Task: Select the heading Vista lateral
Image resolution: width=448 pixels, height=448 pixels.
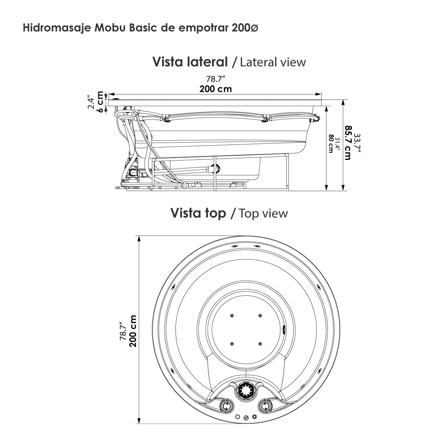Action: tap(190, 62)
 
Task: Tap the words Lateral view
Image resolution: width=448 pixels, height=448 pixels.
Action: tap(273, 62)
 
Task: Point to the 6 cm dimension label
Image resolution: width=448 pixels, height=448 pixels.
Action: tap(100, 101)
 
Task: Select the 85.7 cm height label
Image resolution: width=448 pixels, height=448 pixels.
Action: tap(348, 142)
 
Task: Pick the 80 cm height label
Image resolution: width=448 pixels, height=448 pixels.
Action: tap(330, 143)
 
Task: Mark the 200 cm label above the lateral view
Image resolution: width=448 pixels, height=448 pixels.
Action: tap(215, 89)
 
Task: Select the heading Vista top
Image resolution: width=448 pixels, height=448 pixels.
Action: tap(198, 213)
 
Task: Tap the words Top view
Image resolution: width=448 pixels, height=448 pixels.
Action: tap(263, 213)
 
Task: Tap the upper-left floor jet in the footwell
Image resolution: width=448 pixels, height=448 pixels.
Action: tap(232, 316)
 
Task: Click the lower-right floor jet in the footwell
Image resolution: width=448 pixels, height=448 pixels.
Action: tap(260, 343)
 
